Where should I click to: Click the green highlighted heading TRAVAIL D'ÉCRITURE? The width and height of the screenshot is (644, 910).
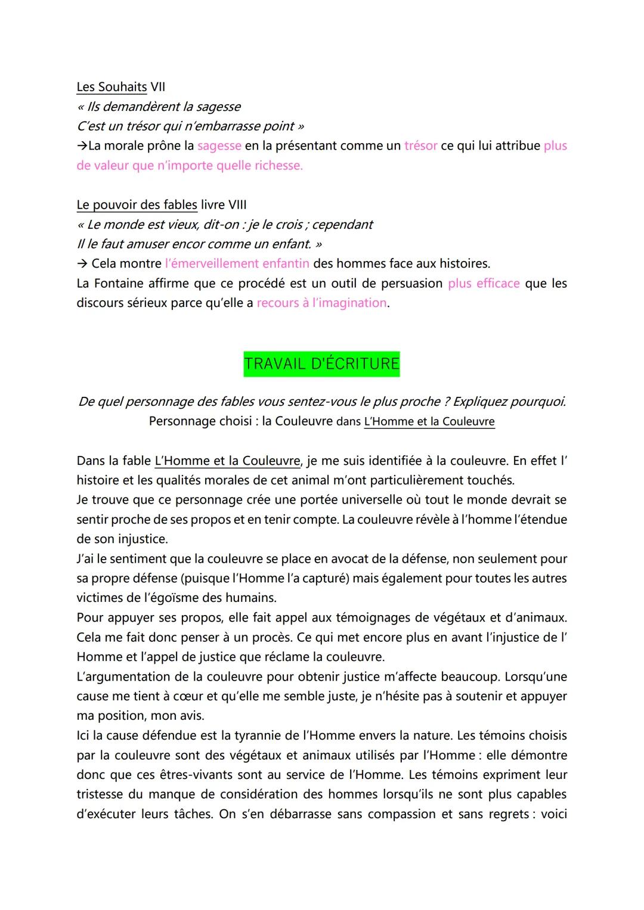click(321, 364)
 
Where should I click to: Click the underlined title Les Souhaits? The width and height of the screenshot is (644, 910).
click(112, 87)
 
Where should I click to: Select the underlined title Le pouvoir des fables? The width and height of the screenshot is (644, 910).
click(137, 205)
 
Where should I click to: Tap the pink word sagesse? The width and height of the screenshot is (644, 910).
click(219, 145)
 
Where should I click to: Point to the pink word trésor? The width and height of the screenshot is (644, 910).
click(420, 145)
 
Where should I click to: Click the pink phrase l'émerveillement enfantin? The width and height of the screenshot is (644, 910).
click(237, 263)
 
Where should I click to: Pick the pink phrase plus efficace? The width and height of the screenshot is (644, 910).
click(484, 283)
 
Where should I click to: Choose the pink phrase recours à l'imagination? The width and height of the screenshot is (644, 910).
click(321, 303)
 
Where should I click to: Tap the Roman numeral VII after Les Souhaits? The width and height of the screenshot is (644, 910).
click(158, 87)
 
